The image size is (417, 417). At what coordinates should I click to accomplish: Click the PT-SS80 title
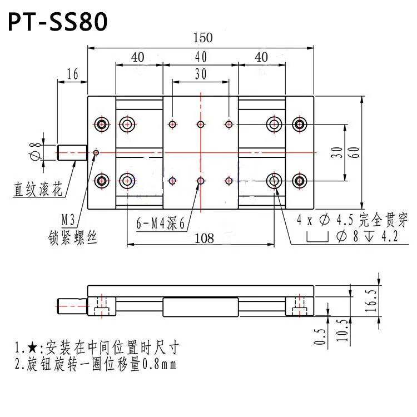tap(58, 22)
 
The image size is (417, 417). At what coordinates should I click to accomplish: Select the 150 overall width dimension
tap(202, 37)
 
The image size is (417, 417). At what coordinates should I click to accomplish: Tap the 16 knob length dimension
tap(72, 73)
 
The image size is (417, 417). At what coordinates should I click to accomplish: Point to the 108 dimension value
tap(204, 239)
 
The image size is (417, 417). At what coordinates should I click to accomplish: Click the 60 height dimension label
tap(355, 152)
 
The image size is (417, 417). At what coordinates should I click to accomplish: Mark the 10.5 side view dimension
tap(343, 331)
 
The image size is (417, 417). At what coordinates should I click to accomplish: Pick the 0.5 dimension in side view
tap(319, 337)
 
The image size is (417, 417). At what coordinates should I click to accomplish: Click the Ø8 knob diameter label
tap(35, 152)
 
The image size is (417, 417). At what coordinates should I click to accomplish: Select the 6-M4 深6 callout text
tap(160, 223)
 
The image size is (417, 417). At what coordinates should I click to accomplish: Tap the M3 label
tap(68, 220)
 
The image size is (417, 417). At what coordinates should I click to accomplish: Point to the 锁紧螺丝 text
tap(72, 237)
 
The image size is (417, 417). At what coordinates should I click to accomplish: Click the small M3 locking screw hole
tap(96, 153)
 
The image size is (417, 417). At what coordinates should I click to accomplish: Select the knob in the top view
tap(72, 153)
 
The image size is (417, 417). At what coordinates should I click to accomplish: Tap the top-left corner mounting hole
tap(102, 124)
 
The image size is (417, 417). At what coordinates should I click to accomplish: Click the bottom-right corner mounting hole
tap(300, 181)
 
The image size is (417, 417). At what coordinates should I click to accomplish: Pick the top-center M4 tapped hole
tap(201, 124)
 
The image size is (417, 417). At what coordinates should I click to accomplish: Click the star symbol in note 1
tap(32, 348)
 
